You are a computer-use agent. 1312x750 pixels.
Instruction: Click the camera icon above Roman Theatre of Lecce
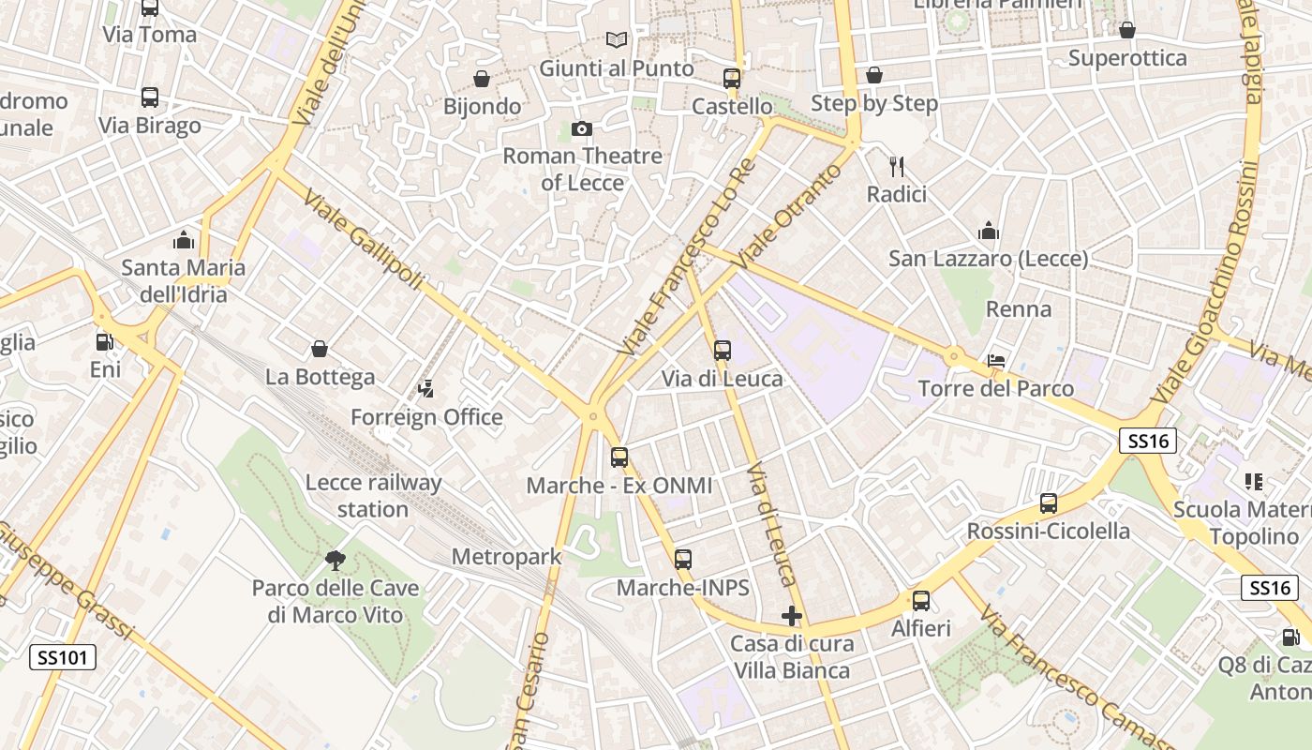[x=581, y=128]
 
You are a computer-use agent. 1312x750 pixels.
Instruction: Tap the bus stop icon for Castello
[x=732, y=79]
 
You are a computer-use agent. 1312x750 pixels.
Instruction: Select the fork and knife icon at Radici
[x=897, y=167]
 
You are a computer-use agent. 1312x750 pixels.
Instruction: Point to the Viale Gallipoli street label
[x=365, y=243]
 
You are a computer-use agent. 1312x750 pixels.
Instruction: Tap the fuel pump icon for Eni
[x=105, y=342]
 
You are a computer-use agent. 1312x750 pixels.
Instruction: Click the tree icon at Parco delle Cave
[x=335, y=561]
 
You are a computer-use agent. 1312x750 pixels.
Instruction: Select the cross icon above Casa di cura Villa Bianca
[x=792, y=616]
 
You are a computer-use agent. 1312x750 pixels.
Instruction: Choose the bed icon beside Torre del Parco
[x=996, y=361]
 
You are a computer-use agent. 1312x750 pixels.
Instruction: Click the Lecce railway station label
[x=374, y=496]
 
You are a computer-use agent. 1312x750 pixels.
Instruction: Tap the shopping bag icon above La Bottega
[x=320, y=350]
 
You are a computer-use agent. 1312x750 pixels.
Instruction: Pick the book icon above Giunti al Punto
[x=616, y=40]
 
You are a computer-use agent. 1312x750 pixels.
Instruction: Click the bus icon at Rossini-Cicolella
[x=1049, y=503]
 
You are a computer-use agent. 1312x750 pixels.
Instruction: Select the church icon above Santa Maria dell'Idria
[x=184, y=240]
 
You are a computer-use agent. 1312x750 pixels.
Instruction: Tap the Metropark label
[x=506, y=557]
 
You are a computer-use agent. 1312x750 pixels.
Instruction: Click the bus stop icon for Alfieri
[x=921, y=601]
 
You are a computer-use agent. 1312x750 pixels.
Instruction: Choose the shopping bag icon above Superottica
[x=1127, y=30]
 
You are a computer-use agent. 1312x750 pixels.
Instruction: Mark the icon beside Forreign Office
[x=426, y=388]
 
